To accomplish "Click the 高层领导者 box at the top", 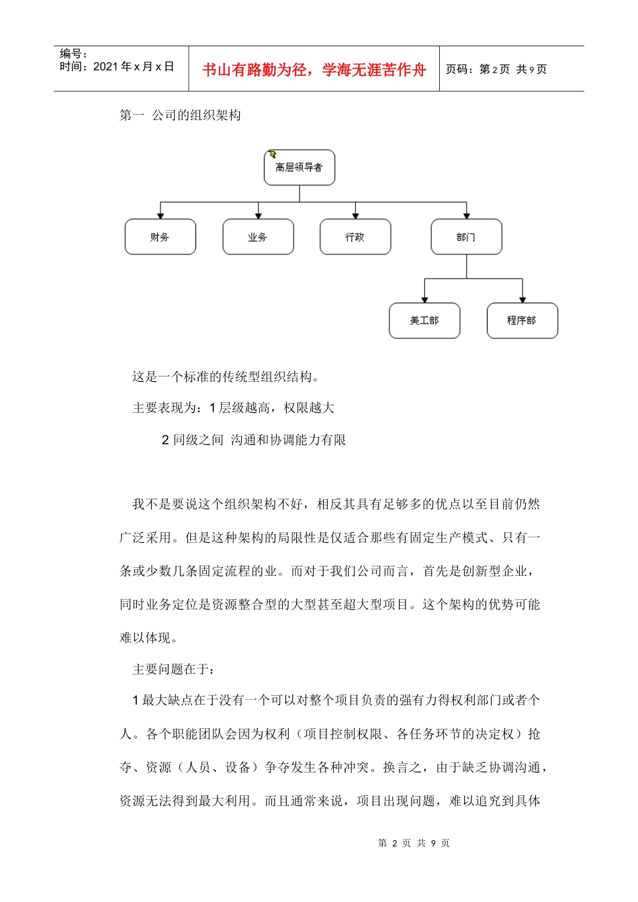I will click(x=300, y=168).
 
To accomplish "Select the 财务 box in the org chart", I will click(x=160, y=237).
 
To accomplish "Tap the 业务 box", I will click(x=258, y=237).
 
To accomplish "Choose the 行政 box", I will click(x=355, y=237).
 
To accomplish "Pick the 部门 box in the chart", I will click(x=466, y=237).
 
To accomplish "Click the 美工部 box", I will click(x=424, y=321).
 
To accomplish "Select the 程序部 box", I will click(x=522, y=321).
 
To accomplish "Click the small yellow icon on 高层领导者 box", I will click(x=273, y=154).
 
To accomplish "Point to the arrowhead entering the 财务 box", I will click(x=160, y=215).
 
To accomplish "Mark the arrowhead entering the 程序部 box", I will click(x=522, y=299).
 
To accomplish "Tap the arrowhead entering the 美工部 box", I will click(x=424, y=299).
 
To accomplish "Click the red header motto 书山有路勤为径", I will click(x=314, y=70).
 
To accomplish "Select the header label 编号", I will click(x=73, y=54).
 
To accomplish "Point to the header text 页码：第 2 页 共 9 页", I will click(x=496, y=69).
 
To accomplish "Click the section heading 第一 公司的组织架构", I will click(x=180, y=115).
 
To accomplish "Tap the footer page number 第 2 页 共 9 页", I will click(x=414, y=843).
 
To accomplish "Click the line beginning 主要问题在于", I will click(x=175, y=669).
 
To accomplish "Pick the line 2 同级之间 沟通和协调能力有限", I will click(x=254, y=440).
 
